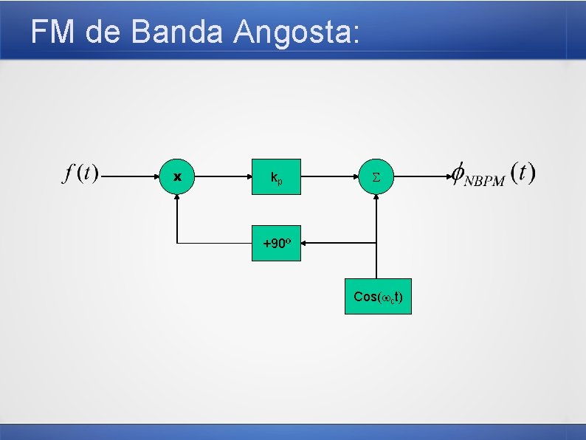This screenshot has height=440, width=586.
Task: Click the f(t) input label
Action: pos(80,174)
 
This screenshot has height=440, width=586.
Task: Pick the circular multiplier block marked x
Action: pos(177,177)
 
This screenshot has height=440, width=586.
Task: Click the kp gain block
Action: pos(275,177)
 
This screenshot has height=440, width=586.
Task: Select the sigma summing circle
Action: pos(376,177)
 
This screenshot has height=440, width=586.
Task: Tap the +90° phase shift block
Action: pos(276,242)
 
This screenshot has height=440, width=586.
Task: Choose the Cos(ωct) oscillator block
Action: pos(378,297)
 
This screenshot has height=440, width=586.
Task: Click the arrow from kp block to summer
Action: pos(329,177)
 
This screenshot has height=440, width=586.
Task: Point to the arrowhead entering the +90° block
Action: pos(305,242)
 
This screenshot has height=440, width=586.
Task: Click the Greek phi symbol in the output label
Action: pos(458,174)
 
